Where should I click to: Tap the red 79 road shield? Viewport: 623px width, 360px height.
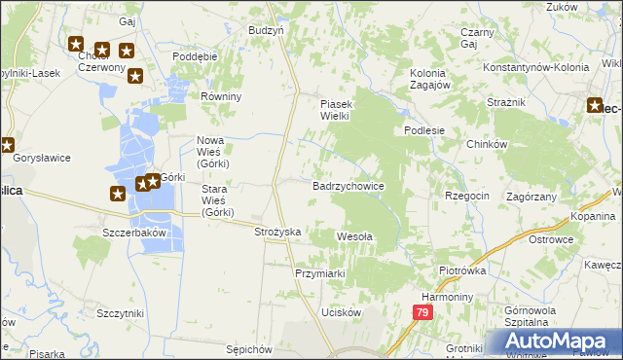click(x=421, y=312)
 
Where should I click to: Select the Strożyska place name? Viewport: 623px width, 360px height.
click(x=278, y=233)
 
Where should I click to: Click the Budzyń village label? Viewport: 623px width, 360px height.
click(x=266, y=30)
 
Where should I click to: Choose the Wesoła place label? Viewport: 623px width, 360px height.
click(x=354, y=235)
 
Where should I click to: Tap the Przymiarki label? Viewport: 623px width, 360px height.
click(x=320, y=273)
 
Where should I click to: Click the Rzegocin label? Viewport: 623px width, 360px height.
click(x=467, y=196)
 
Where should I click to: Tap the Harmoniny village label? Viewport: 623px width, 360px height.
click(x=447, y=296)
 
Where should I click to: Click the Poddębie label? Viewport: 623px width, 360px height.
click(x=194, y=56)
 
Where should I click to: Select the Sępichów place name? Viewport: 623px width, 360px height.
click(x=247, y=347)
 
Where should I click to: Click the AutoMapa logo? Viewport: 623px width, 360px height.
click(x=552, y=342)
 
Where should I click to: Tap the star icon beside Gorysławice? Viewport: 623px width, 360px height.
click(x=7, y=146)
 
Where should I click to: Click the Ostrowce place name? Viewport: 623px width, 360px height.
click(x=576, y=238)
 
